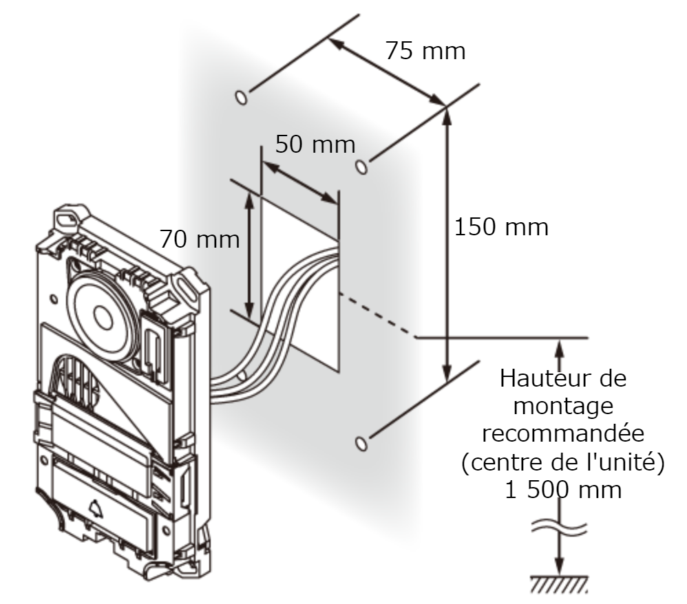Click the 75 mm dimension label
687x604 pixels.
425,50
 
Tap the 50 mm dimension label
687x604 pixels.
315,144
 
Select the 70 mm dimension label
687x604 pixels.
200,239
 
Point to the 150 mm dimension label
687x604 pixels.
501,227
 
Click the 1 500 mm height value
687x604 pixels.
563,490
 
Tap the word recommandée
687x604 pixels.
563,433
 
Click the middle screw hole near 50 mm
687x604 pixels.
361,167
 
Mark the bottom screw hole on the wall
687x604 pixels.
361,444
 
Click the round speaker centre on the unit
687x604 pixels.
103,316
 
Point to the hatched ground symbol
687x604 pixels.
560,584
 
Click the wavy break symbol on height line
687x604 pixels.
560,527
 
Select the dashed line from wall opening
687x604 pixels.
378,315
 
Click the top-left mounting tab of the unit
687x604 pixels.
70,217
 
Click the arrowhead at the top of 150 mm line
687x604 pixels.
447,114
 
